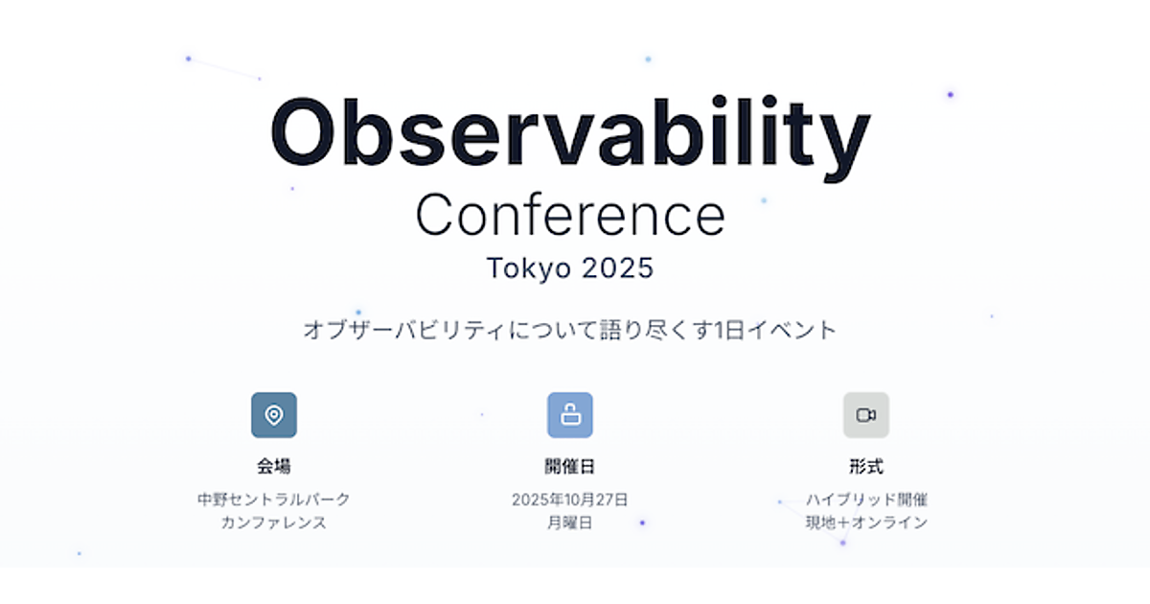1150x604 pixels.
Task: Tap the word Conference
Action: click(x=570, y=215)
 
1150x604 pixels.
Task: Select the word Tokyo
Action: click(x=529, y=268)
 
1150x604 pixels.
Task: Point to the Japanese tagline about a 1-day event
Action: click(x=570, y=330)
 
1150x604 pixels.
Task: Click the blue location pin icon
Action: click(x=274, y=415)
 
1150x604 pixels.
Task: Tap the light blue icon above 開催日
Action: click(x=570, y=415)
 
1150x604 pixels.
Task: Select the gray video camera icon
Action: click(x=866, y=415)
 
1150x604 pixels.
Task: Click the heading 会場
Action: click(x=274, y=466)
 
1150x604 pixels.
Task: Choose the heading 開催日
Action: click(x=570, y=466)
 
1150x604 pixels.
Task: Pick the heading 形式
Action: click(x=866, y=466)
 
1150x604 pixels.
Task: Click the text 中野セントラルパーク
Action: click(x=274, y=499)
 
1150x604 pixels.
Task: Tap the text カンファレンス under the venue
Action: click(x=274, y=523)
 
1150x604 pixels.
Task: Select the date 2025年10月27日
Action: click(x=570, y=499)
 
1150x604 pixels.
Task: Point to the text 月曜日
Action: click(x=570, y=523)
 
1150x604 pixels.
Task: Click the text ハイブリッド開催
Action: click(x=866, y=499)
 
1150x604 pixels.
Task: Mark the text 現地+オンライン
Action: click(x=866, y=523)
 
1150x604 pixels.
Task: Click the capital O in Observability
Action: click(x=303, y=132)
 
